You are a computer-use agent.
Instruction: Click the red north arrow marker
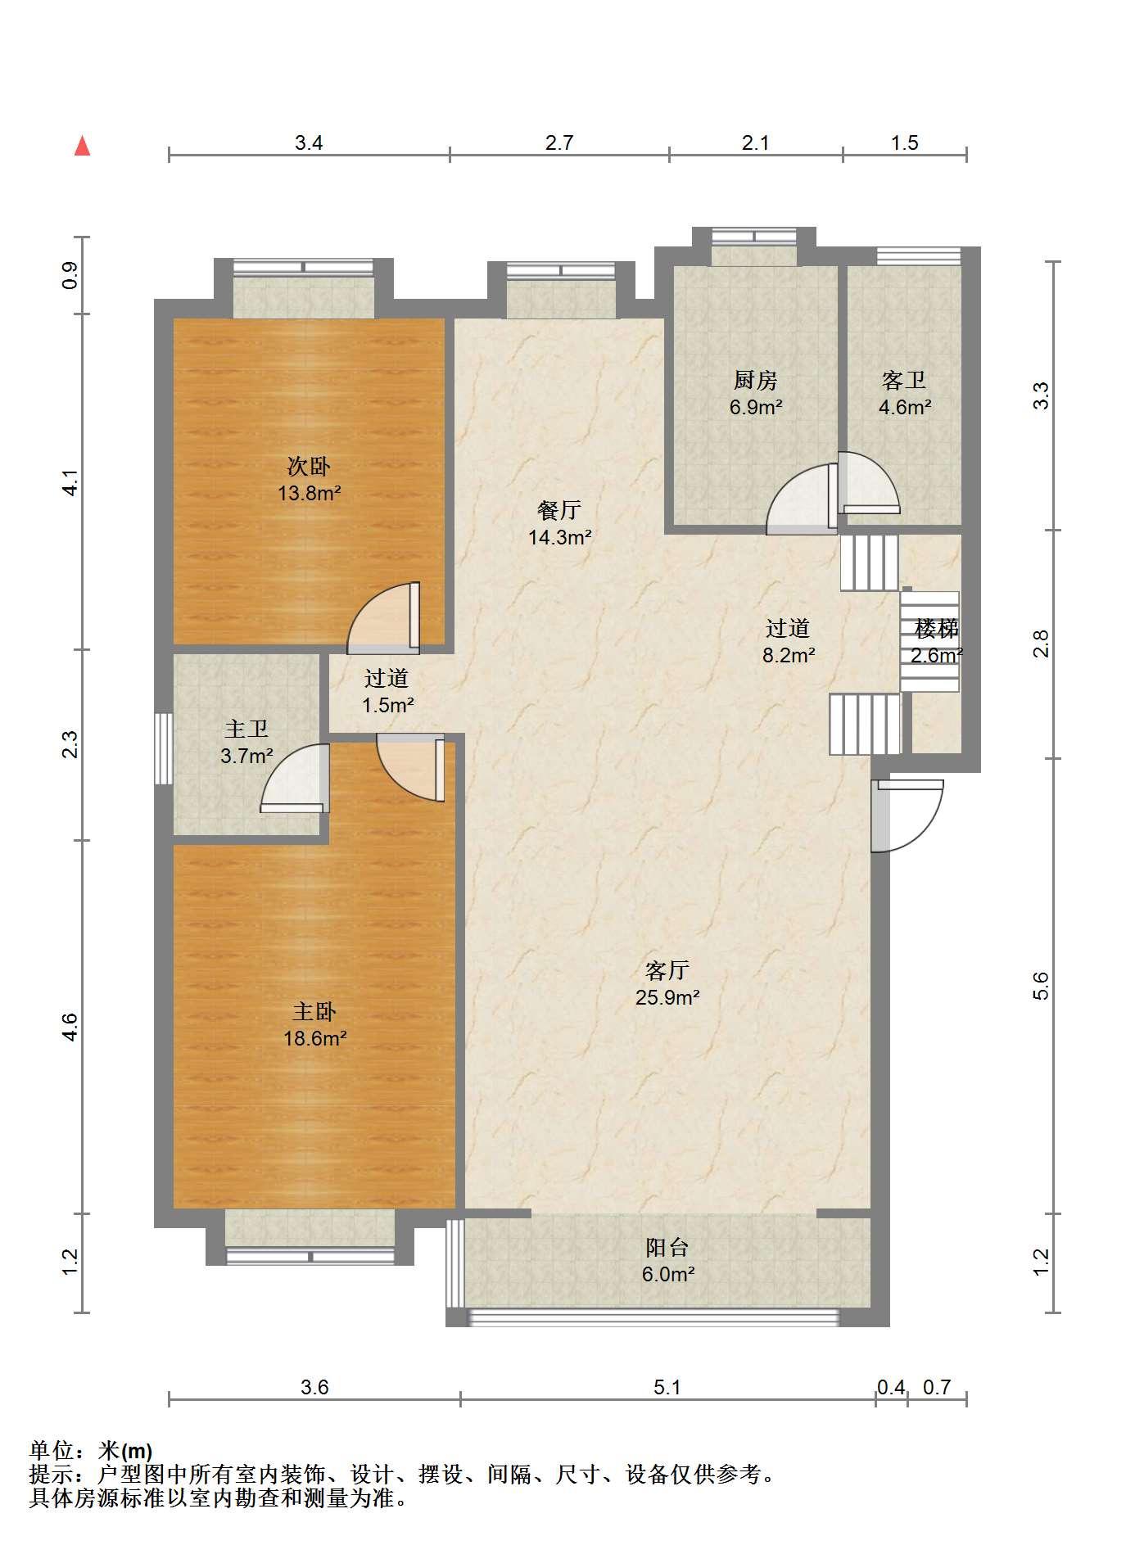tap(82, 146)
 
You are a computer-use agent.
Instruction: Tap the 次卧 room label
tap(309, 467)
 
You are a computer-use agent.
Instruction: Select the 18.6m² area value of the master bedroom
tap(315, 1039)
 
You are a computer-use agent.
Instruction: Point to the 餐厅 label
tap(559, 511)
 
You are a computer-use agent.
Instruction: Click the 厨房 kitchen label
tap(755, 381)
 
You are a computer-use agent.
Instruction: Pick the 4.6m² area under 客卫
tap(905, 407)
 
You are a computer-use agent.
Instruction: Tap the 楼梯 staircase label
tap(937, 629)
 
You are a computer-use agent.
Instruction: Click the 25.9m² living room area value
tap(667, 997)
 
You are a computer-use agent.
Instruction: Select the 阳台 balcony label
tap(667, 1248)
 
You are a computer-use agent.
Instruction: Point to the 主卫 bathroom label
tap(246, 729)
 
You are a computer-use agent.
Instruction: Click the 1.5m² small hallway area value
tap(388, 705)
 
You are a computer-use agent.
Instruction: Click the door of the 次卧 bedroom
tap(384, 618)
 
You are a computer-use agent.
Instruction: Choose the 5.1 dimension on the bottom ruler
tap(667, 1387)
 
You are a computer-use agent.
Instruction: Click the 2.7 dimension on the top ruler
tap(559, 142)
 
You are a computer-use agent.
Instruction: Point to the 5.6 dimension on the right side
tap(1041, 986)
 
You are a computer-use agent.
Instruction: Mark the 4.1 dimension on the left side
tap(70, 481)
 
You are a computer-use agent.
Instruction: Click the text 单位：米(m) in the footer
tap(91, 1451)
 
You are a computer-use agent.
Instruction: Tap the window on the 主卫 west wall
tap(164, 749)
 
